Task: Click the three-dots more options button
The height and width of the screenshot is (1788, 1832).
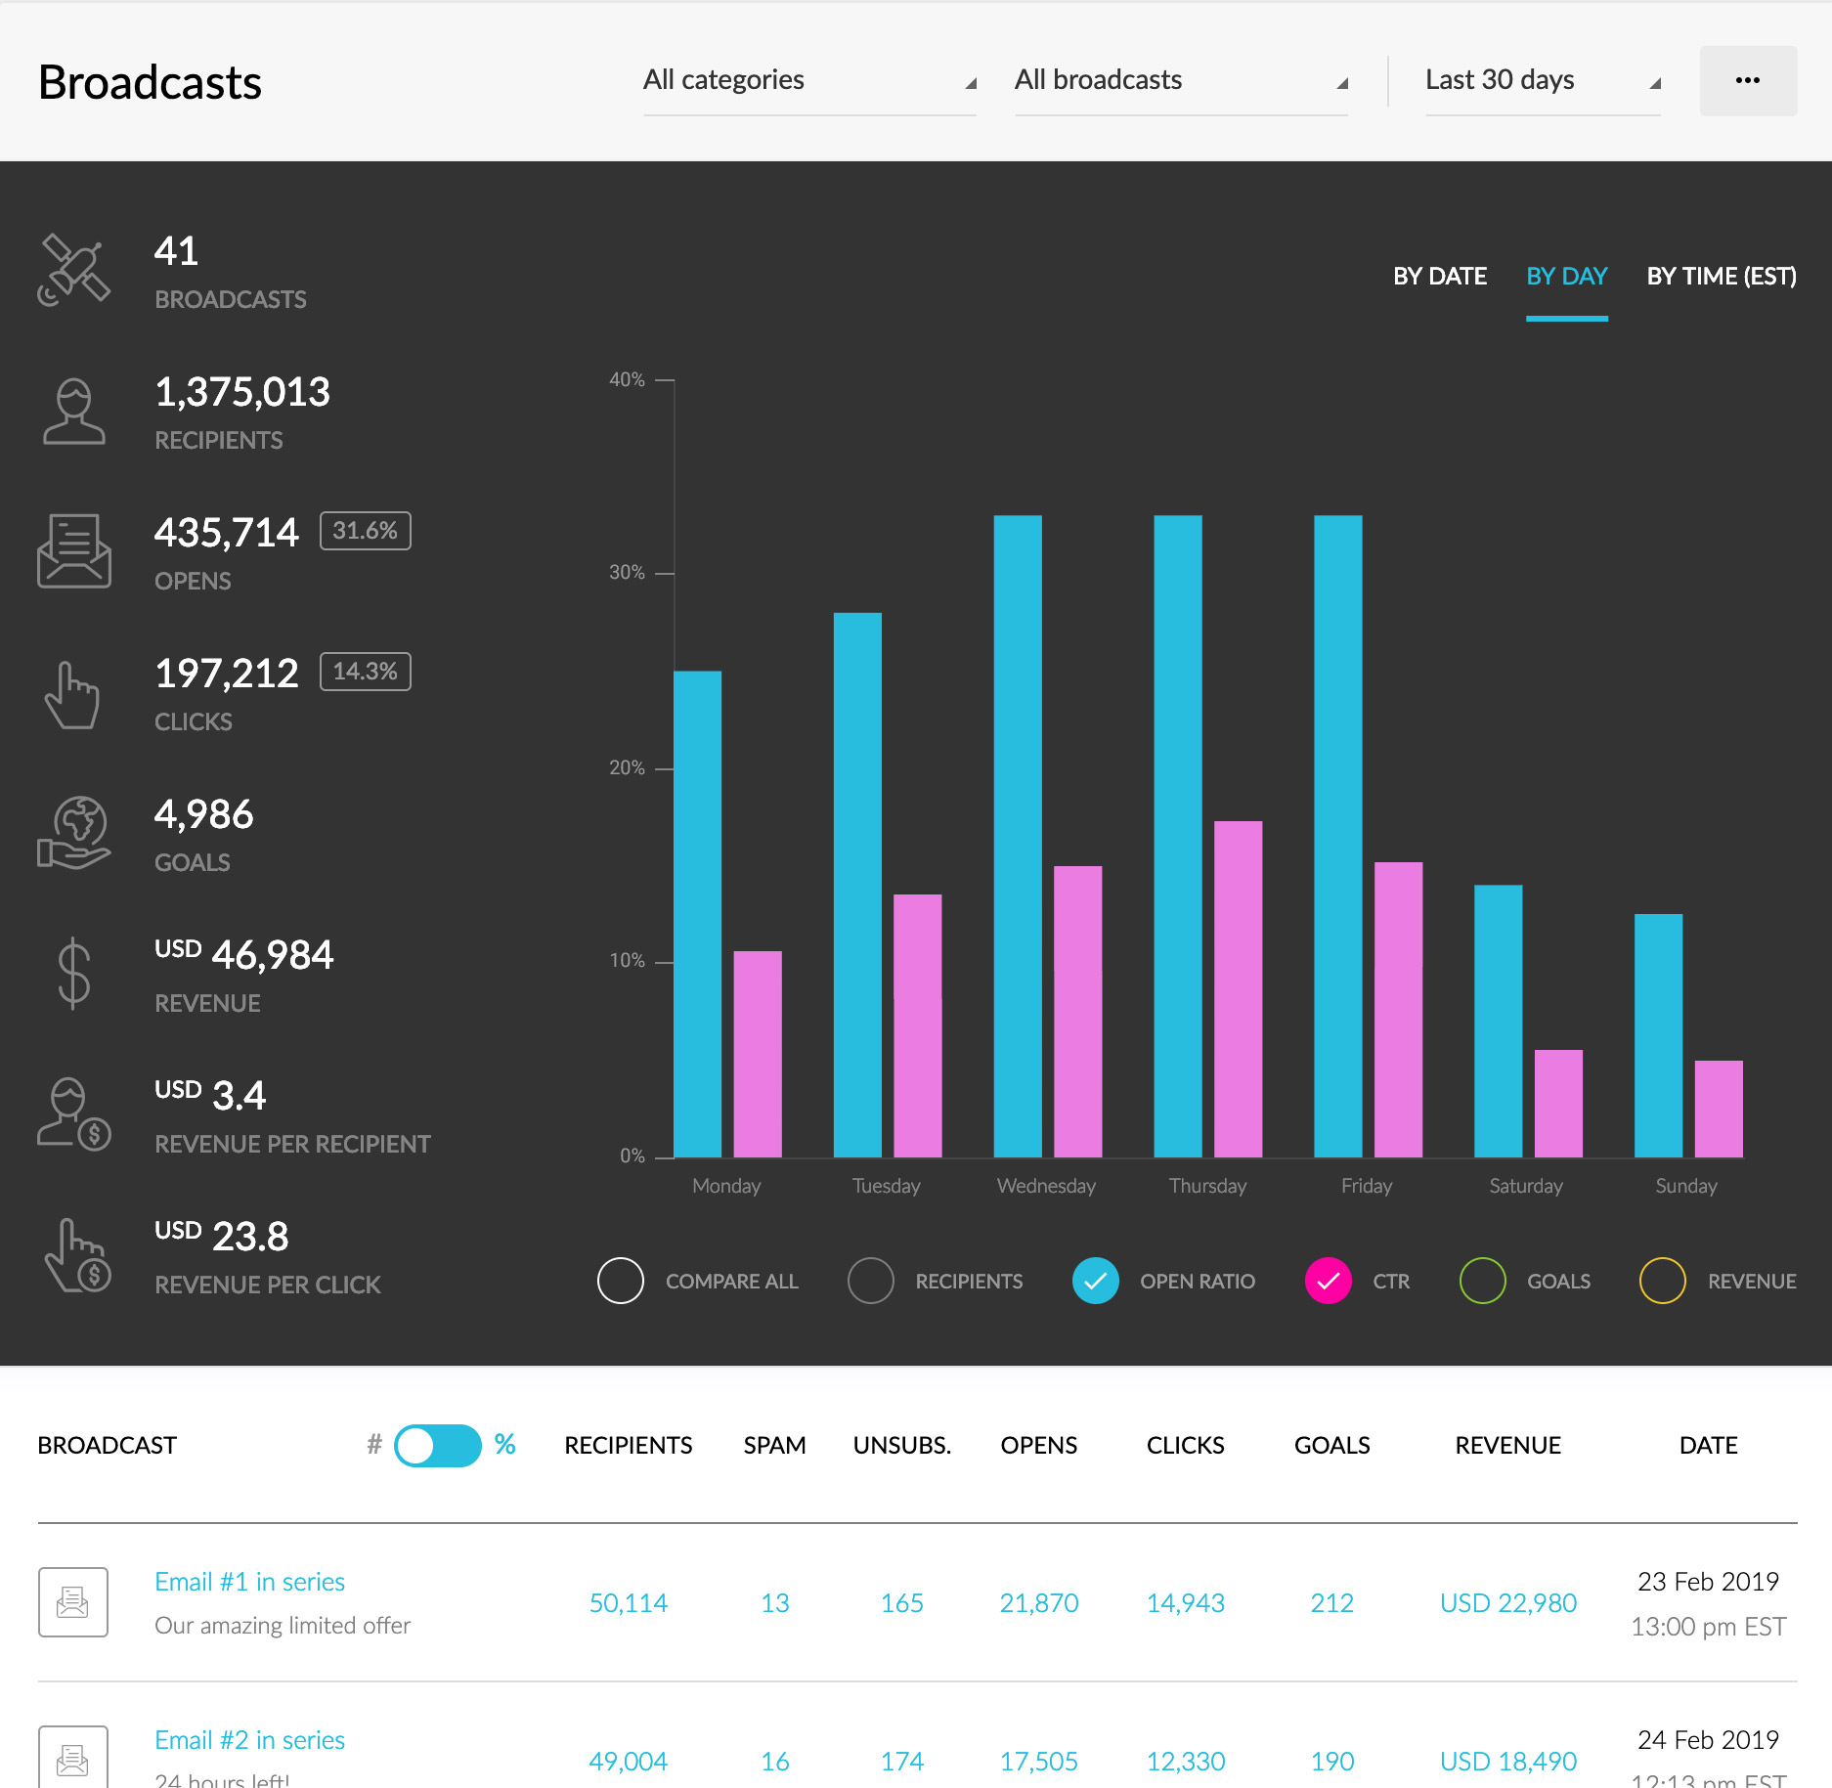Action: (1747, 80)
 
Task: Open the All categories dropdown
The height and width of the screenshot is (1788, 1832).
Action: (808, 80)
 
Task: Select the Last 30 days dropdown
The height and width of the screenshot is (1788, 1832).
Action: (1542, 80)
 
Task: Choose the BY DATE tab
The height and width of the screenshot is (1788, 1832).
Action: (1439, 277)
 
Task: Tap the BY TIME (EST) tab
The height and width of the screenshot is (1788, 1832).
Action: (1721, 277)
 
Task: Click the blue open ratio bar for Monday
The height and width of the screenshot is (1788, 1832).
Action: (698, 914)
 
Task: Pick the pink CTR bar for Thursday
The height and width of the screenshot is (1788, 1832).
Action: (1238, 989)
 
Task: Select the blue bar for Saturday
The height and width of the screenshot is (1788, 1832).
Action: (1498, 1022)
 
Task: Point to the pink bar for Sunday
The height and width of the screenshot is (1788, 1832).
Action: (1718, 1109)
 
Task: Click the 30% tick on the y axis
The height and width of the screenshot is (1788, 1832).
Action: (627, 573)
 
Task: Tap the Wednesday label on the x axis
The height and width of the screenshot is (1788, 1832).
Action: (1046, 1186)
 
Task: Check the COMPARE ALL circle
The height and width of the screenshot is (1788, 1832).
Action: (621, 1281)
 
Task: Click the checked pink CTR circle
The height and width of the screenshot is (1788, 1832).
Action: (1328, 1281)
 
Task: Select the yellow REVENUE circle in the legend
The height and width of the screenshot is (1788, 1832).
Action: (1662, 1281)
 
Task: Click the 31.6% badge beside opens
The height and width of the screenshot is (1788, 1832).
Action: (365, 531)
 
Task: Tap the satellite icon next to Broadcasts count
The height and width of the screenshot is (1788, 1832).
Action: (73, 270)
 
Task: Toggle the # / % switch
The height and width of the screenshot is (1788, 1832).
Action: (437, 1445)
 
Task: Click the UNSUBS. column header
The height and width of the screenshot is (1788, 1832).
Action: (901, 1445)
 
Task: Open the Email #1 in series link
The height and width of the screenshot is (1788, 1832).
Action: (249, 1582)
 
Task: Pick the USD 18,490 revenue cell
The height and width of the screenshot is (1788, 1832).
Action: (1507, 1762)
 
